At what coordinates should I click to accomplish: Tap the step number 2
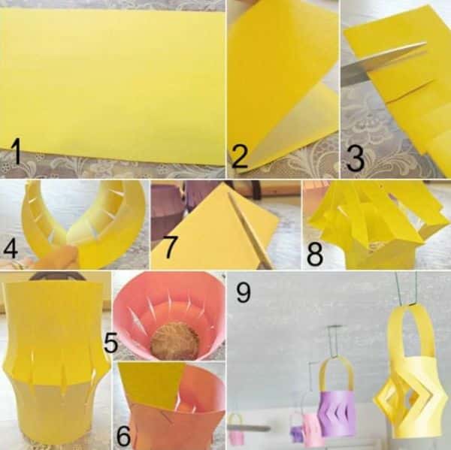[239, 156]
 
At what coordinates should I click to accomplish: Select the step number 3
[356, 159]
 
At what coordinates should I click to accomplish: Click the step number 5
[111, 342]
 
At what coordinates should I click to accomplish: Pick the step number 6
[124, 436]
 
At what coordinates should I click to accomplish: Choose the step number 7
[170, 247]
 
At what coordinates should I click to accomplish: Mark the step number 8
[315, 254]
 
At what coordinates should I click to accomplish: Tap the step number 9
[244, 291]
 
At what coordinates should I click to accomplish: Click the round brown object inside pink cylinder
[174, 341]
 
